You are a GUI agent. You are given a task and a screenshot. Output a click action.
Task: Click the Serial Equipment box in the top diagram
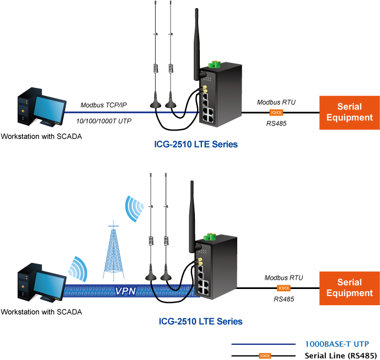pyautogui.click(x=349, y=112)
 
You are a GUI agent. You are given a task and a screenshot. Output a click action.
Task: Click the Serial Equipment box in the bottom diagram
pyautogui.click(x=349, y=287)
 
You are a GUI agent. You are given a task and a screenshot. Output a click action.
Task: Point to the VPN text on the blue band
pyautogui.click(x=125, y=291)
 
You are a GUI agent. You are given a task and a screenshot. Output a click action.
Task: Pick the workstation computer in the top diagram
pyautogui.click(x=40, y=111)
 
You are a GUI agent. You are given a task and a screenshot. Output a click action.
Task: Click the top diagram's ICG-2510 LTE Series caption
pyautogui.click(x=196, y=145)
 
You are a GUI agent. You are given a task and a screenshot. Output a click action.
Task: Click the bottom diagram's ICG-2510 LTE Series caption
pyautogui.click(x=200, y=322)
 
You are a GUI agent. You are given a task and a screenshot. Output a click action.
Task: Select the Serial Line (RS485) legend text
pyautogui.click(x=340, y=356)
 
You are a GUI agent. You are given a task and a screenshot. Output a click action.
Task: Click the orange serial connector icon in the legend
pyautogui.click(x=265, y=356)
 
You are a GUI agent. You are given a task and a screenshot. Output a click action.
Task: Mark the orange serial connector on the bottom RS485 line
pyautogui.click(x=283, y=288)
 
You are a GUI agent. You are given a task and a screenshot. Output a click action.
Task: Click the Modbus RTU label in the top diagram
pyautogui.click(x=276, y=102)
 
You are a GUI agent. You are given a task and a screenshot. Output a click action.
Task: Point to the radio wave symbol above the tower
pyautogui.click(x=134, y=209)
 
